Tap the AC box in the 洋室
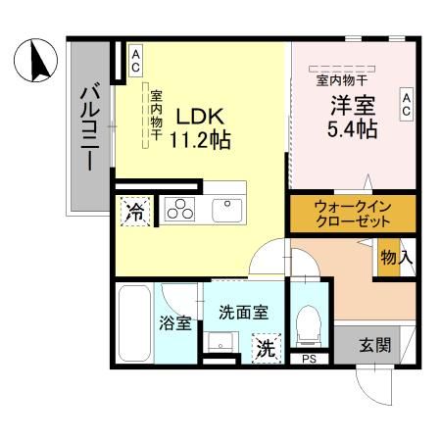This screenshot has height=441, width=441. coord(405,104)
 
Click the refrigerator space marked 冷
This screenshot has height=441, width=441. coord(136,211)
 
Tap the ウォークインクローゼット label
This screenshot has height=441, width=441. coord(352,213)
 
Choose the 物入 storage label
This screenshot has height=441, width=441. coord(396,259)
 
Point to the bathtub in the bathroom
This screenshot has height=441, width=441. coord(132,322)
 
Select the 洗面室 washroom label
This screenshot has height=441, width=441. coord(244,313)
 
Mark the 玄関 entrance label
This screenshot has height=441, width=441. coord(373,345)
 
